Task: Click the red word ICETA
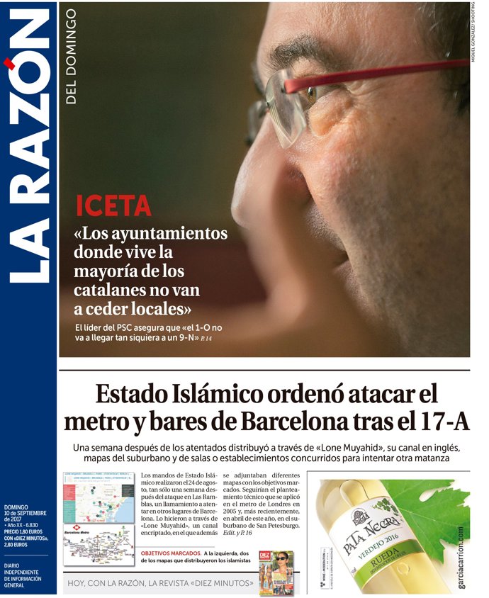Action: pos(113,205)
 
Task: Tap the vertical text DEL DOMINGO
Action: pos(71,57)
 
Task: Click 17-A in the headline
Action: pos(443,422)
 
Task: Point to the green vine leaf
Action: pos(432,510)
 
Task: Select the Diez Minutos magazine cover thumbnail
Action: pos(275,572)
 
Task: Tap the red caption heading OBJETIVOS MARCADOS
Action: pos(171,552)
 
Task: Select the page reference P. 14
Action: pos(206,338)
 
